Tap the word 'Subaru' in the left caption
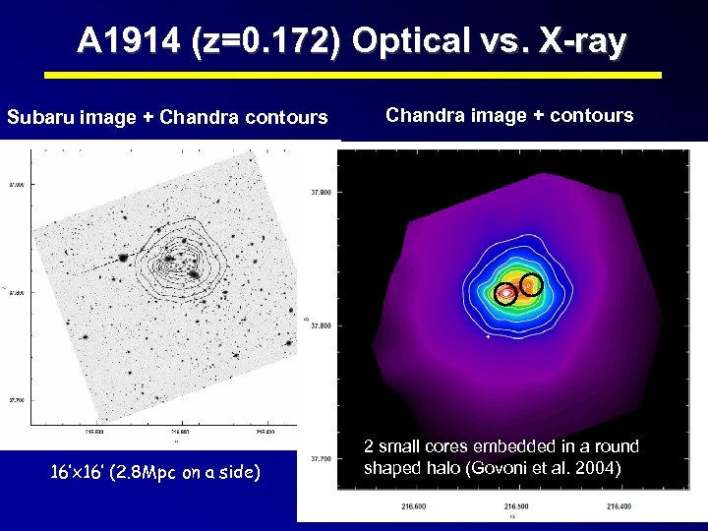point(38,118)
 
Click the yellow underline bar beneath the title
point(354,74)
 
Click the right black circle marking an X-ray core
point(530,284)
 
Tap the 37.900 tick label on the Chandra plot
point(321,192)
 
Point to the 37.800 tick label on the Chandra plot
point(321,325)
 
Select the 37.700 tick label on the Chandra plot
point(321,458)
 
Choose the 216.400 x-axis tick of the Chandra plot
point(619,506)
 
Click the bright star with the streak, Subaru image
point(124,259)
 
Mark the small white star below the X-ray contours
point(489,336)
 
